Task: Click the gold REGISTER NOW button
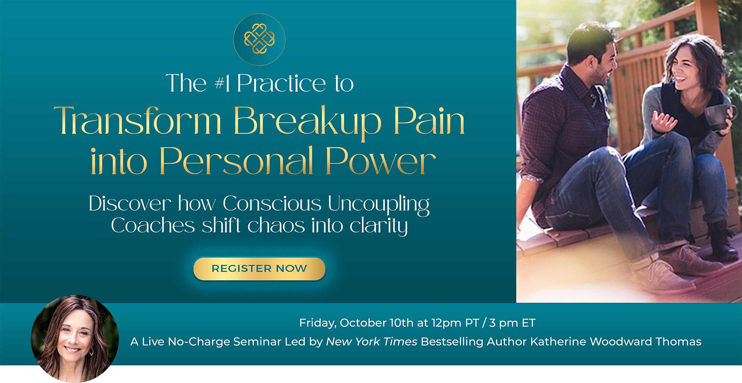(x=259, y=268)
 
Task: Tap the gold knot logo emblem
(x=259, y=39)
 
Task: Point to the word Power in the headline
(x=380, y=161)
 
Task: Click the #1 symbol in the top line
(x=222, y=83)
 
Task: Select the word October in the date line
(x=363, y=323)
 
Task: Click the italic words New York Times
(x=371, y=341)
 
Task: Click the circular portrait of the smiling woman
(x=75, y=339)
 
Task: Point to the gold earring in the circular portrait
(x=91, y=351)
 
